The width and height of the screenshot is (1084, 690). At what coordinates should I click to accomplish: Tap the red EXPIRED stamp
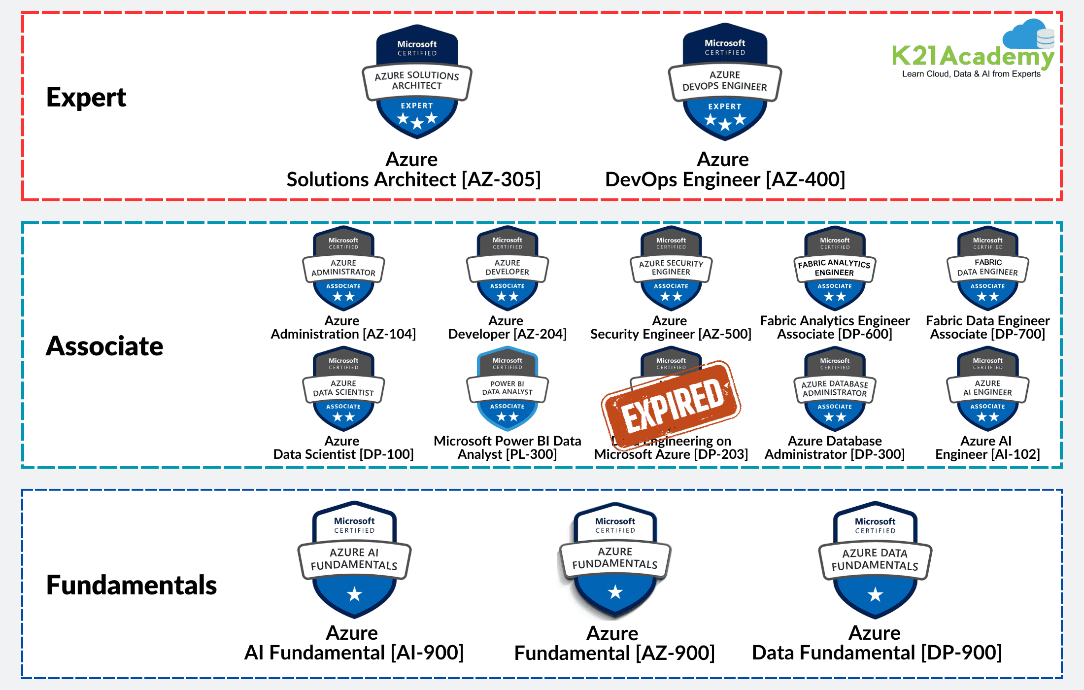(671, 404)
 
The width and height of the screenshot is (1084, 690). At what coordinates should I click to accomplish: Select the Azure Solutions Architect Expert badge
(417, 82)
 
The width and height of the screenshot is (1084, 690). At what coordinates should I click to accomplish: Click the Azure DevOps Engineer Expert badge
(725, 82)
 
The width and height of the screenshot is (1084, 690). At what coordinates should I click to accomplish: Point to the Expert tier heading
(86, 97)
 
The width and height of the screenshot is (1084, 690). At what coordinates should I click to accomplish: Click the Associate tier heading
(104, 346)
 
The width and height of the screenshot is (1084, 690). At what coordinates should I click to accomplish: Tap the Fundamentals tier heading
(132, 585)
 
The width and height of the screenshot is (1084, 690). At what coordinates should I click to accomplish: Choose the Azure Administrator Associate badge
(343, 269)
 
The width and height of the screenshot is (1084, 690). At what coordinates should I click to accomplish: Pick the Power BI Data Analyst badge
(507, 389)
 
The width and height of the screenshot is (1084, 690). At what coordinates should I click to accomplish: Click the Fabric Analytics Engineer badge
(834, 269)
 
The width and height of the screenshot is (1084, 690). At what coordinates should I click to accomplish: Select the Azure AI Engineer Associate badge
(987, 389)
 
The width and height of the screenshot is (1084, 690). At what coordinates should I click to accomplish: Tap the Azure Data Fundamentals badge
(875, 560)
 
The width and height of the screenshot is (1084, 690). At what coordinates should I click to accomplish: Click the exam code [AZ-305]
(501, 179)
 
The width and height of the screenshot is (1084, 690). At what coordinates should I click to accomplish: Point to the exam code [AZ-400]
(806, 179)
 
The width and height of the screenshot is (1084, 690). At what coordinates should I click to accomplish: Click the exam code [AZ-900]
(675, 654)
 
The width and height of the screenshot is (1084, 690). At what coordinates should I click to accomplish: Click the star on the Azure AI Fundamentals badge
(354, 594)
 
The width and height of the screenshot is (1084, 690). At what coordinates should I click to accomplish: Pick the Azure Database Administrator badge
(834, 389)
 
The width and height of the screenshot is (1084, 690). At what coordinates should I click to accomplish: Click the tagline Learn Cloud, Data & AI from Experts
(971, 74)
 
